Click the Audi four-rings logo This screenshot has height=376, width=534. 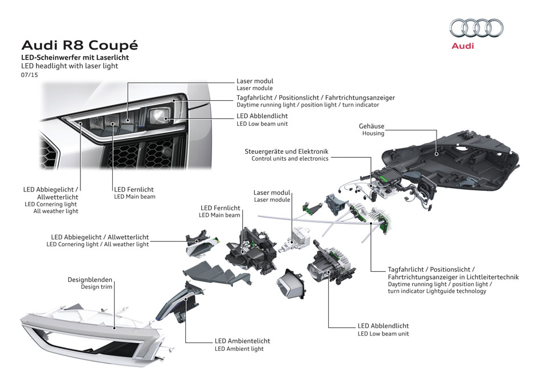[476, 28]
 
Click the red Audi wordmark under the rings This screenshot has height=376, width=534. [462, 46]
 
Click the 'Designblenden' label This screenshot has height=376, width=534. [90, 280]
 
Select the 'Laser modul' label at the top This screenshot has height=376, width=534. [255, 81]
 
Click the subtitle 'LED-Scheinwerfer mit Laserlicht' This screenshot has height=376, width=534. [75, 58]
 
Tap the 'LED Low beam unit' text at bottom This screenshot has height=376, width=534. [383, 334]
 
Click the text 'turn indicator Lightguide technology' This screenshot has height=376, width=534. [437, 291]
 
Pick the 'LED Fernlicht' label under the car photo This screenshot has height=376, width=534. [134, 189]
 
